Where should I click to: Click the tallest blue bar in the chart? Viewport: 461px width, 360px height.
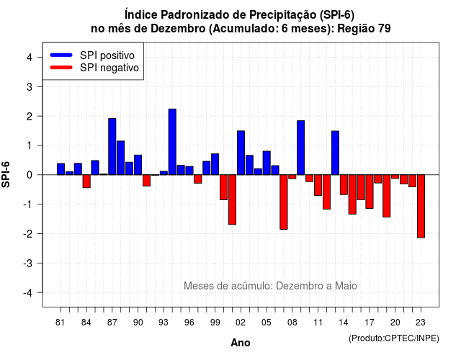[x=172, y=142]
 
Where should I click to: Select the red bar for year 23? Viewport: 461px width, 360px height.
[x=421, y=206]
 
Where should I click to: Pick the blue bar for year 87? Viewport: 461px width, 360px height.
[x=112, y=147]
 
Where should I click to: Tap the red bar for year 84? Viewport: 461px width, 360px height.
[x=86, y=181]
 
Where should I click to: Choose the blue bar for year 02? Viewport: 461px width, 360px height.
[x=241, y=153]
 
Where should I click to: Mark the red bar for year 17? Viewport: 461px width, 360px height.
[x=370, y=192]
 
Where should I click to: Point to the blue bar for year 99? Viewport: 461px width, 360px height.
[x=215, y=164]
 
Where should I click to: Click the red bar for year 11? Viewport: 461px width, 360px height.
[x=318, y=185]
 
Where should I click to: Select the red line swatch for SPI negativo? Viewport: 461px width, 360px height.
[x=61, y=68]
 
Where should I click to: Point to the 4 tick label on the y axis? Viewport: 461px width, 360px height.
[x=30, y=58]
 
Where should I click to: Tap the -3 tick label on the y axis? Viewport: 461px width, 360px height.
[x=29, y=263]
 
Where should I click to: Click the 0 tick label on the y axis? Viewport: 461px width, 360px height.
[x=30, y=175]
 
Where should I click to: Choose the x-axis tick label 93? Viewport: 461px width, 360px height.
[x=164, y=323]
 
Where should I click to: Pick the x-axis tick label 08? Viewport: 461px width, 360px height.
[x=292, y=323]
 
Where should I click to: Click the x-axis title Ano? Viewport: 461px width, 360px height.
[x=241, y=343]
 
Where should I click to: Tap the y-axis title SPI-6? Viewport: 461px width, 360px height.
[x=6, y=174]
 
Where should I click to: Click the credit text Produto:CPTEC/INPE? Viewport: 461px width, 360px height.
[x=394, y=338]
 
